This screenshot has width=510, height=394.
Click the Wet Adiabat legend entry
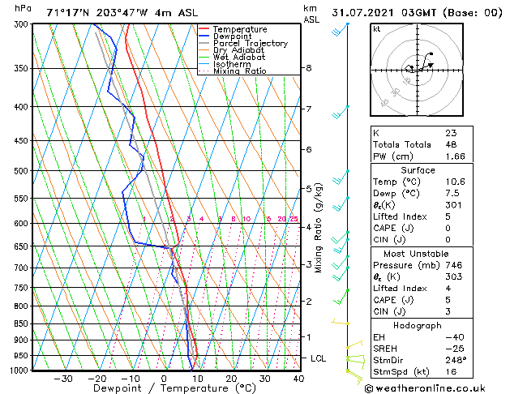[x=238, y=58]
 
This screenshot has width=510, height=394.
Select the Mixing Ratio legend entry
[x=239, y=71]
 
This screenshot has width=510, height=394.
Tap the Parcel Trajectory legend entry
[x=250, y=43]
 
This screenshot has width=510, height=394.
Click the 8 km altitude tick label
[x=309, y=68]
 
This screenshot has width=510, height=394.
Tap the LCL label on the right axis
[x=319, y=358]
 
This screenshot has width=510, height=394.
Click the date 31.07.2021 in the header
[x=362, y=12]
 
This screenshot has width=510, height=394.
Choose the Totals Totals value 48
[x=451, y=144]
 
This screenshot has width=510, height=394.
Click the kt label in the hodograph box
[x=376, y=28]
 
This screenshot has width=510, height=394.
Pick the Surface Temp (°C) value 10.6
[x=455, y=182]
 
